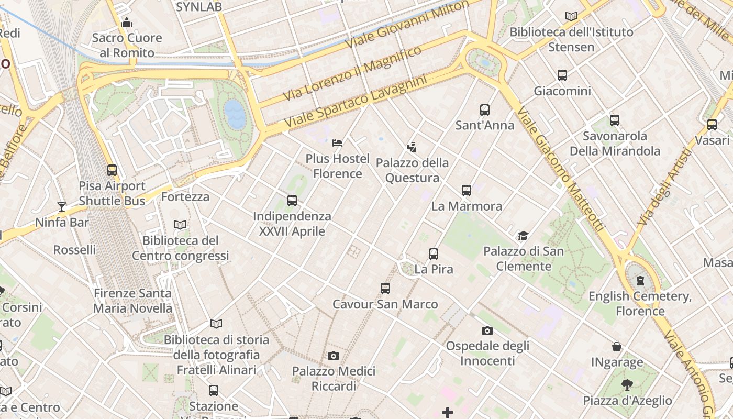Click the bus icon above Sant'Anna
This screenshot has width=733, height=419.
(x=485, y=110)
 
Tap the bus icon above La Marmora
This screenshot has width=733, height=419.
(x=467, y=191)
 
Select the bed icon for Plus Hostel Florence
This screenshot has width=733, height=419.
(x=337, y=143)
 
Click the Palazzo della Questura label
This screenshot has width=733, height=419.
(x=412, y=170)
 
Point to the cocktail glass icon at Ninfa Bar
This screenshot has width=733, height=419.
(x=62, y=207)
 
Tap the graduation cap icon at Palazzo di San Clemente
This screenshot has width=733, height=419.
(x=523, y=236)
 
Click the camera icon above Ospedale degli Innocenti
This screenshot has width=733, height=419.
(x=487, y=330)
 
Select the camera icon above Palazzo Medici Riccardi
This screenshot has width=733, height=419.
(x=334, y=356)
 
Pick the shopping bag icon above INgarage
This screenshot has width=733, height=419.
(x=617, y=347)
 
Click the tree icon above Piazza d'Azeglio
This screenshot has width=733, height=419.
(x=627, y=385)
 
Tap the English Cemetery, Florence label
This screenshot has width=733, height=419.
(x=640, y=304)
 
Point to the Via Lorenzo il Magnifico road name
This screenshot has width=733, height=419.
(x=352, y=74)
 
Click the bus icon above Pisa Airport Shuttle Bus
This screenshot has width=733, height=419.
(x=112, y=170)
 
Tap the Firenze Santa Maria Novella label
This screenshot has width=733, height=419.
(x=132, y=301)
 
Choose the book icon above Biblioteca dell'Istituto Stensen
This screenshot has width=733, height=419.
(x=571, y=17)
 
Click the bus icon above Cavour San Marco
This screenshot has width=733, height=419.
(x=385, y=288)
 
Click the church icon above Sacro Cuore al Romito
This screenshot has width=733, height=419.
(x=127, y=23)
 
